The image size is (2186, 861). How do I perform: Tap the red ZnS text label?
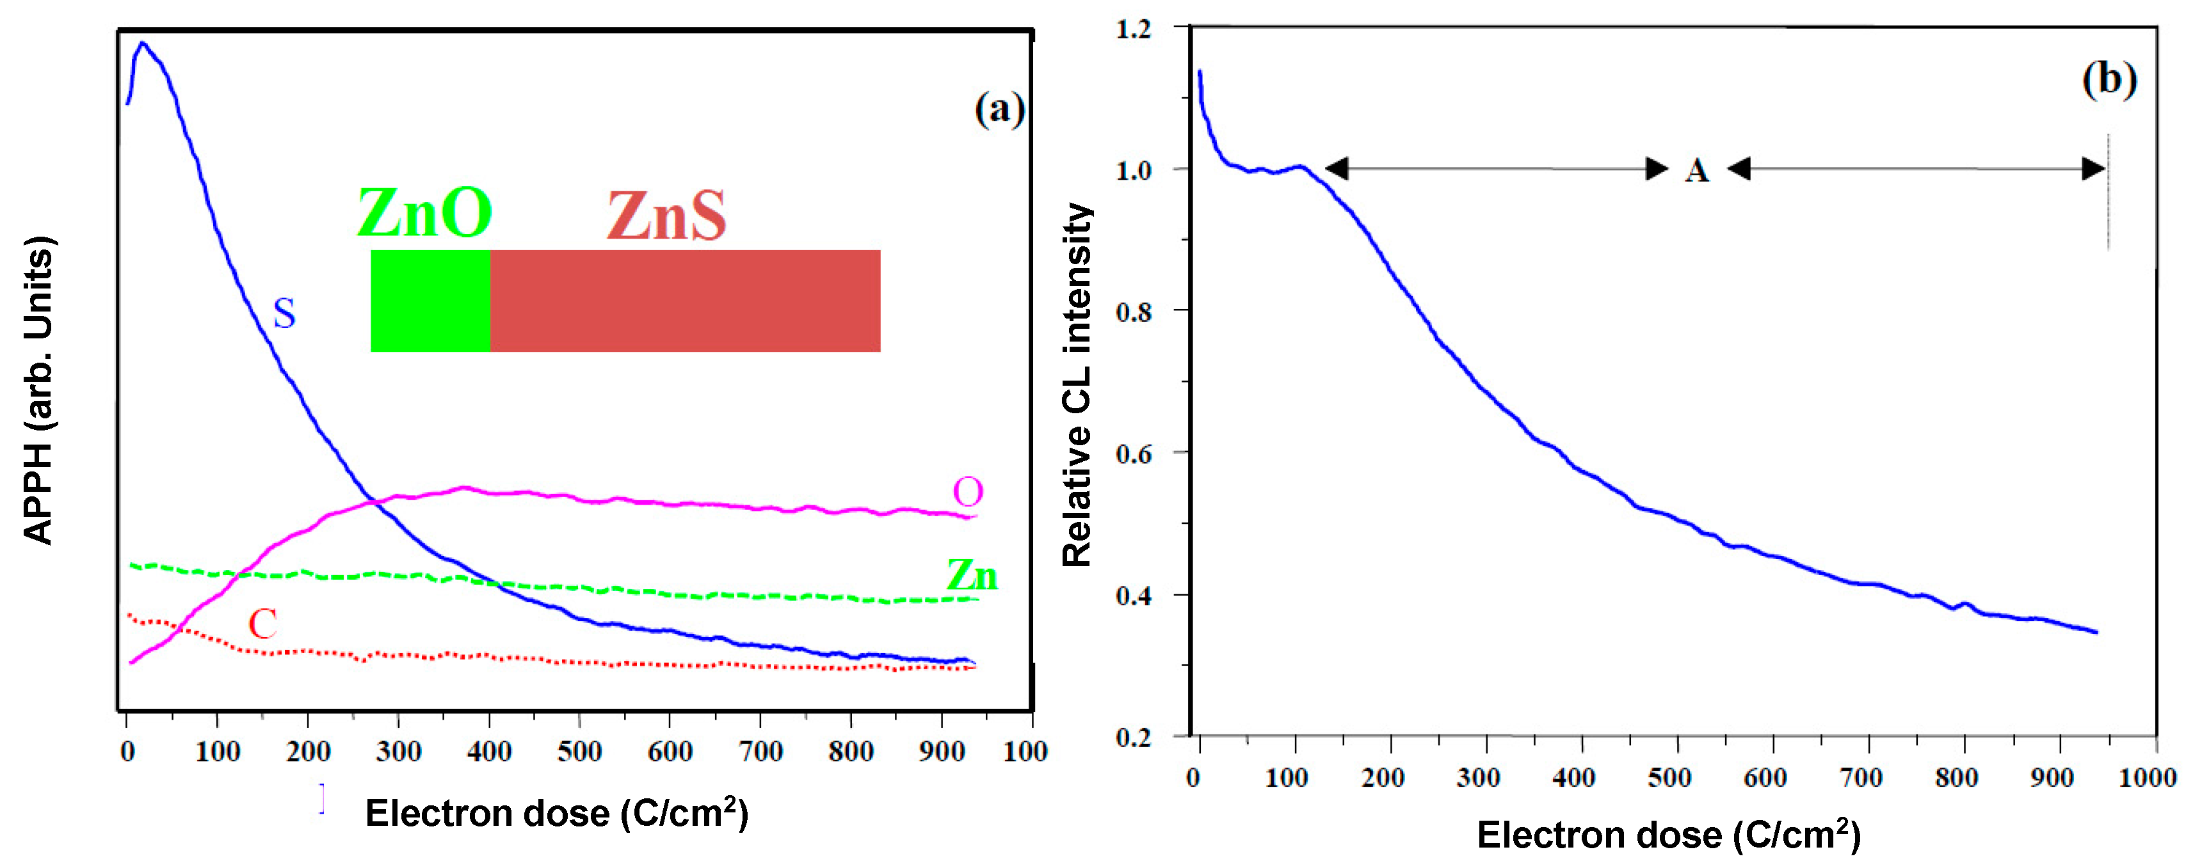(x=667, y=216)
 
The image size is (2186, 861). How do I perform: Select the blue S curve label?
(x=284, y=314)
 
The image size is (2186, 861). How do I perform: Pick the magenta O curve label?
(x=967, y=491)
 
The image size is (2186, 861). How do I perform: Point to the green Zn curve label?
(x=972, y=575)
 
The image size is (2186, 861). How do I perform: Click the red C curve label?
(x=262, y=624)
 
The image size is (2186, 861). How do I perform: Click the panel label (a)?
(x=1000, y=109)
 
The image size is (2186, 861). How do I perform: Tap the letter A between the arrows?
(x=1696, y=171)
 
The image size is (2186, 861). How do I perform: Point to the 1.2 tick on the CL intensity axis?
(x=1134, y=29)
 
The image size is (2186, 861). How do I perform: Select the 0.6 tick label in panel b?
(x=1134, y=454)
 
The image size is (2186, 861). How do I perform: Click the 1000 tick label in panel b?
(x=2147, y=777)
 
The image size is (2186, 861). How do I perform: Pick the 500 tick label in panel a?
(x=579, y=751)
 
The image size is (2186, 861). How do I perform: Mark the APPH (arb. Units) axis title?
(x=38, y=390)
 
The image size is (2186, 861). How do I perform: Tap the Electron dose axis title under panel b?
(x=1668, y=835)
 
